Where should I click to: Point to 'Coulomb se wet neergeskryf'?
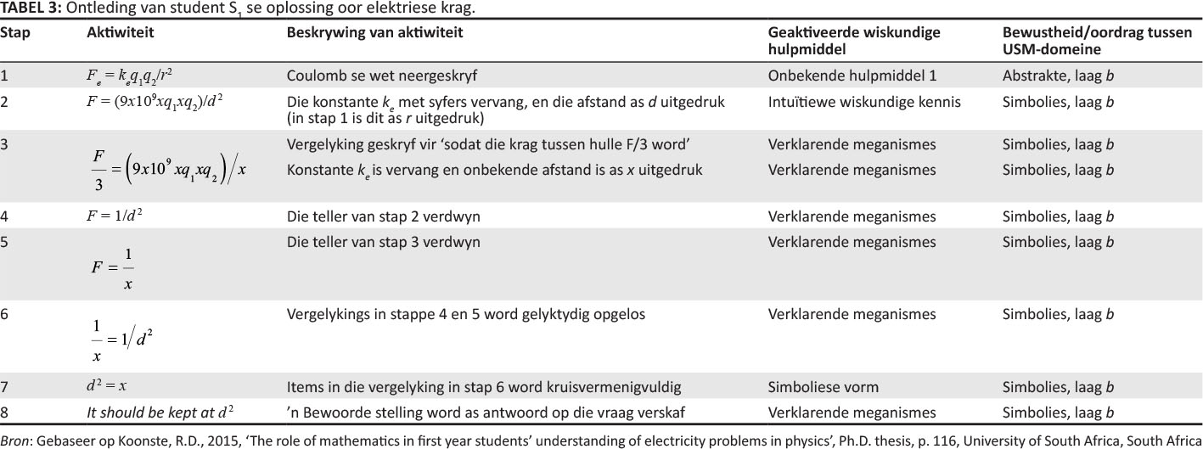click(363, 76)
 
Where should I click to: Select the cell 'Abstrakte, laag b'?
click(1058, 76)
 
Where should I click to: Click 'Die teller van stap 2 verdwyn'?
click(383, 217)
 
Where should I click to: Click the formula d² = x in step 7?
click(107, 386)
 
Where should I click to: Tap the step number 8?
click(5, 413)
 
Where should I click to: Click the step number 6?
click(5, 314)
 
